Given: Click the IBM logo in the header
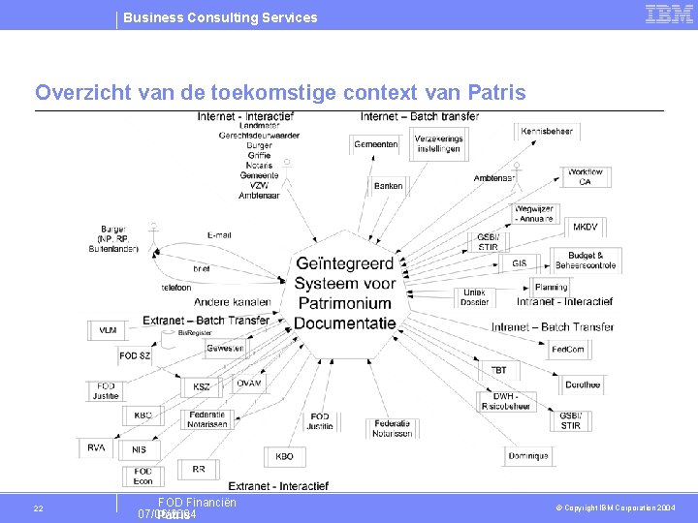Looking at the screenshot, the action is click(669, 14).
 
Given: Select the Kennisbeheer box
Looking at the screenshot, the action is click(547, 132).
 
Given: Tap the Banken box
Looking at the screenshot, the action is click(388, 185).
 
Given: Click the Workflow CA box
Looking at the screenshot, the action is click(586, 177).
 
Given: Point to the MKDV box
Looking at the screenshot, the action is click(586, 228).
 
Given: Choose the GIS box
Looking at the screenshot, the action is click(520, 262).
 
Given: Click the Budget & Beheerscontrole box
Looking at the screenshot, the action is click(586, 260).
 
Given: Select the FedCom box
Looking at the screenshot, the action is click(568, 349).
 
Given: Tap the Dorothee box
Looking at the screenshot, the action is click(583, 385).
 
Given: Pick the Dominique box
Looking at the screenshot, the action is click(528, 455).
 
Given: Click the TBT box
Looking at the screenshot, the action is click(498, 370).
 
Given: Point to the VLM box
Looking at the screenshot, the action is click(107, 330).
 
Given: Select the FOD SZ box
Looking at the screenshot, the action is click(135, 355).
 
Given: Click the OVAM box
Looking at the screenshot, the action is click(248, 383).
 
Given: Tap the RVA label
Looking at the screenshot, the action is click(96, 448).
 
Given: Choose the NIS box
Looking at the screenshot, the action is click(140, 449).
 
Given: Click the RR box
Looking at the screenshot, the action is click(199, 469).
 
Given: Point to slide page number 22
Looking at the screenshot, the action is click(38, 508).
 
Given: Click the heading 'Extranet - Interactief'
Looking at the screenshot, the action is click(278, 485).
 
